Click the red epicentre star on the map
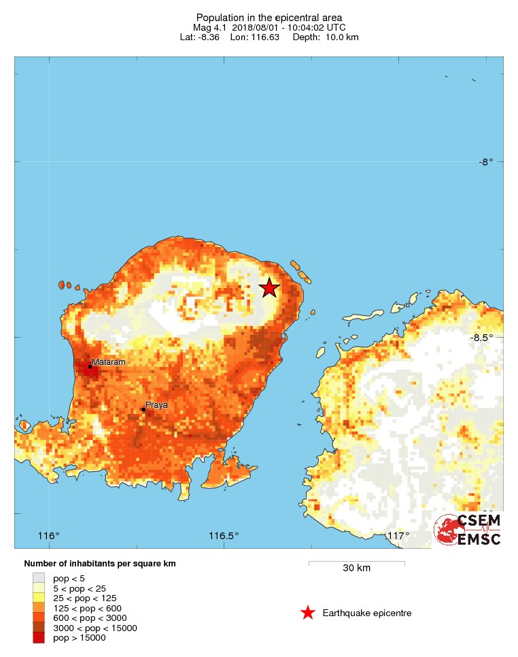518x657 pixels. point(269,288)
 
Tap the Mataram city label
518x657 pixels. point(109,362)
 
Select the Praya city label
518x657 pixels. point(156,405)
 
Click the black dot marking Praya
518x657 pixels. point(143,409)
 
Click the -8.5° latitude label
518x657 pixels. point(482,338)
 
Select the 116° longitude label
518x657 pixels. point(49,536)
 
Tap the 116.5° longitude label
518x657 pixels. point(224,536)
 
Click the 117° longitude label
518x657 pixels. point(398,536)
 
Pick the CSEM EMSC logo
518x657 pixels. point(468,530)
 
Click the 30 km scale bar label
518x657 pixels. point(356,568)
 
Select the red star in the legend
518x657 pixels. point(308,613)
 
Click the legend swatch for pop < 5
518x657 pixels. point(39,578)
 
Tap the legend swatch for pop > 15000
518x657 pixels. point(39,638)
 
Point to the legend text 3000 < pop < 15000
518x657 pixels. point(95,628)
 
